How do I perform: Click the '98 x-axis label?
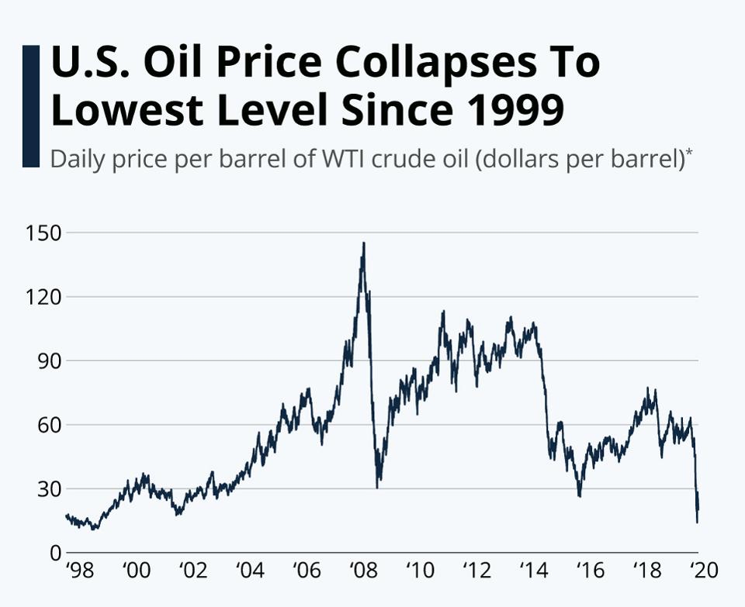pos(79,572)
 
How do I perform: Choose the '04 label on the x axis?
pos(249,572)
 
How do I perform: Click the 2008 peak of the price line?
pos(363,243)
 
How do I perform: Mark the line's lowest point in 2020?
pos(697,522)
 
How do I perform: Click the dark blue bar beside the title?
pos(31,106)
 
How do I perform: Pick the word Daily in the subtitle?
pos(74,160)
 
